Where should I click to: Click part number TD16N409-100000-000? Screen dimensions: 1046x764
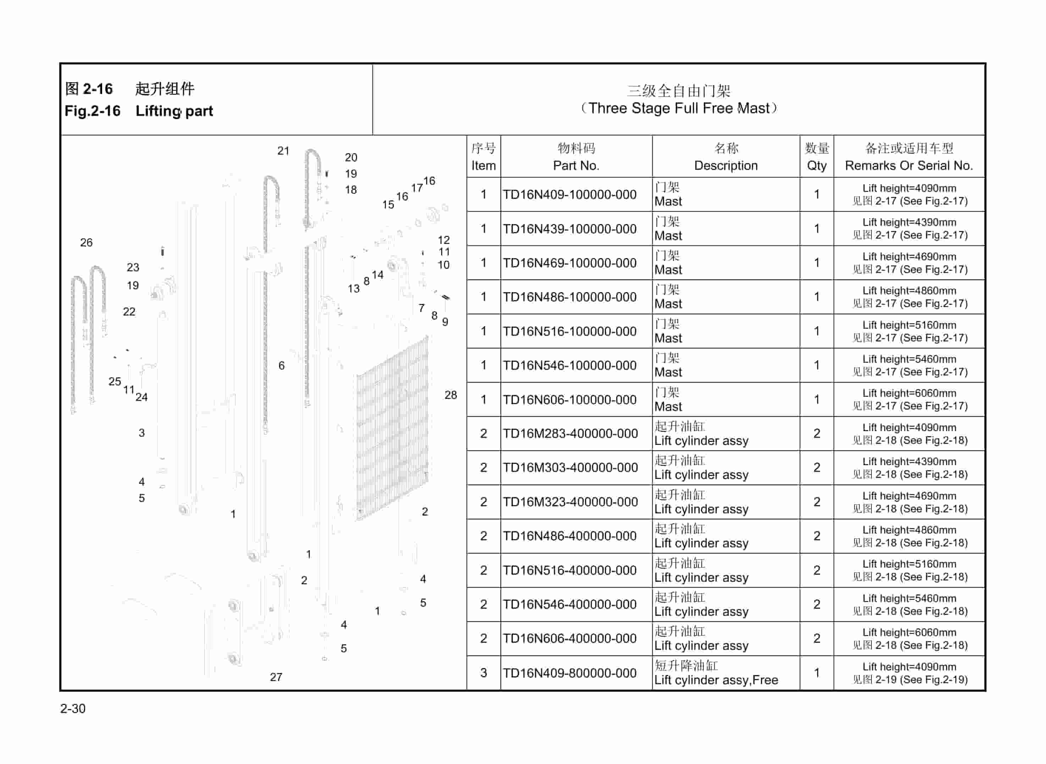pos(570,195)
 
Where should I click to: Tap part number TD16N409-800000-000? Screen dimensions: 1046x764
pos(570,673)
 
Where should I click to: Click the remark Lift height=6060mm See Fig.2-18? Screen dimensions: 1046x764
pos(909,638)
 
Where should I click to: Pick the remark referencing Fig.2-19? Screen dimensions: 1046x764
pos(909,673)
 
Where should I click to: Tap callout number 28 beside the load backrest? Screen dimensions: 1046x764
pos(450,395)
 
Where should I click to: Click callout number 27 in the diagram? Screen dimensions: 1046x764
pos(276,677)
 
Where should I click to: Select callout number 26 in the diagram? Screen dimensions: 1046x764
pos(87,242)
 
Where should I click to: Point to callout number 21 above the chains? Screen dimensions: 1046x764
pos(283,151)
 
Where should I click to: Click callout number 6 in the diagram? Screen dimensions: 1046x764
pos(281,366)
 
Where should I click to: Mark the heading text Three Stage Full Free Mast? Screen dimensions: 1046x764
pos(679,108)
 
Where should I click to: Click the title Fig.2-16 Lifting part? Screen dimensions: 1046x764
pos(139,111)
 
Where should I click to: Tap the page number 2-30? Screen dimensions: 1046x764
pos(73,708)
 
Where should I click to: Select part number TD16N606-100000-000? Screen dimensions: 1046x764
pos(570,400)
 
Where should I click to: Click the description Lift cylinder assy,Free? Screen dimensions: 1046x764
pos(716,680)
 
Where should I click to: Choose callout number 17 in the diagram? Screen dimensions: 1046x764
pos(416,188)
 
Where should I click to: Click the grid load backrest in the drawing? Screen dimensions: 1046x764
pos(392,428)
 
